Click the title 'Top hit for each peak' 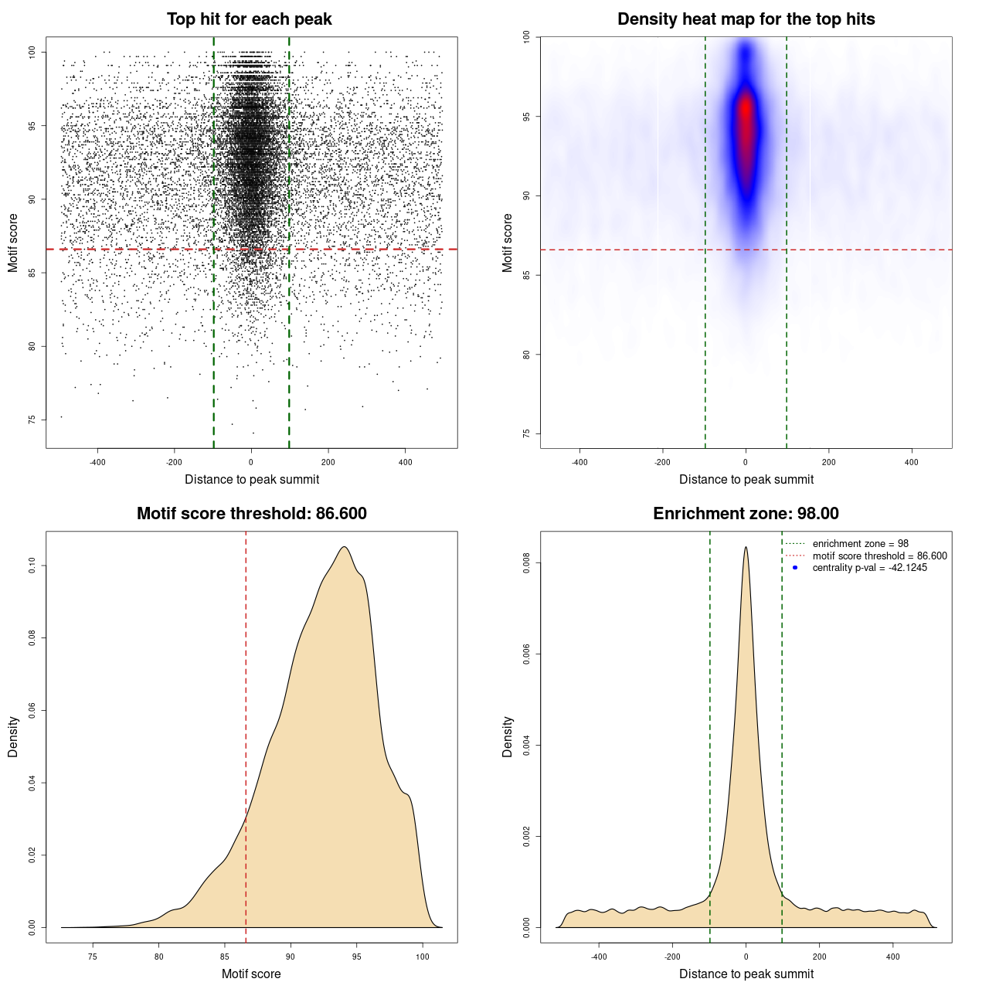pyautogui.click(x=250, y=19)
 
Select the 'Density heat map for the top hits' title pyautogui.click(x=746, y=19)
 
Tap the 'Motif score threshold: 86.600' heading pyautogui.click(x=251, y=514)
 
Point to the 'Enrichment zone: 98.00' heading pyautogui.click(x=746, y=514)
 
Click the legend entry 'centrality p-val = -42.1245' pyautogui.click(x=869, y=568)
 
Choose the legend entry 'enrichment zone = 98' pyautogui.click(x=860, y=544)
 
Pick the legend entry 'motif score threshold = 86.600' pyautogui.click(x=879, y=556)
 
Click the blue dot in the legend pyautogui.click(x=795, y=568)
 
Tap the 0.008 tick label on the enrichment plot pyautogui.click(x=527, y=563)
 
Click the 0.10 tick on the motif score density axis pyautogui.click(x=32, y=566)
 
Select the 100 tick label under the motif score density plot pyautogui.click(x=422, y=957)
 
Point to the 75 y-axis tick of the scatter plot pyautogui.click(x=32, y=420)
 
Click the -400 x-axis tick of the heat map pyautogui.click(x=579, y=462)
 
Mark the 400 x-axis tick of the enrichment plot pyautogui.click(x=892, y=957)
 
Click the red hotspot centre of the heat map pyautogui.click(x=746, y=112)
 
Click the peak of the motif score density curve pyautogui.click(x=344, y=548)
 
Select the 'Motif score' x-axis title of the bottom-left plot pyautogui.click(x=251, y=974)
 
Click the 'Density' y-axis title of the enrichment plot pyautogui.click(x=508, y=736)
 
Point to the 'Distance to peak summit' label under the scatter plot pyautogui.click(x=252, y=479)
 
